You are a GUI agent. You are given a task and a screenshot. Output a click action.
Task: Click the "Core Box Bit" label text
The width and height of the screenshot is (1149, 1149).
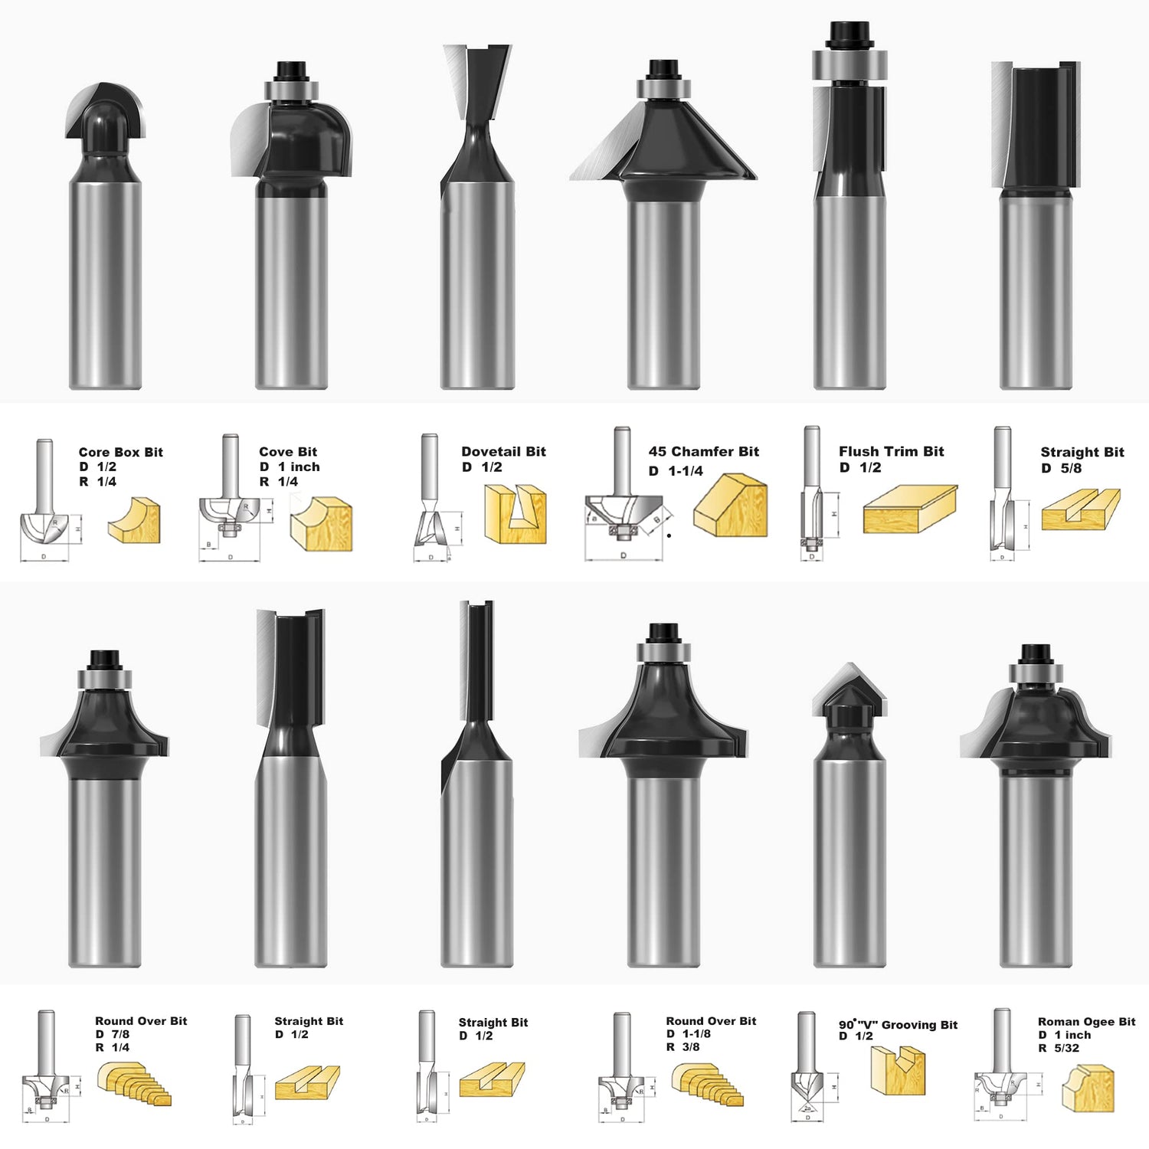(x=120, y=452)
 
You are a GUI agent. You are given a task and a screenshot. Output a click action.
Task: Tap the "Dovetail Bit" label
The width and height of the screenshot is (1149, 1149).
(x=503, y=452)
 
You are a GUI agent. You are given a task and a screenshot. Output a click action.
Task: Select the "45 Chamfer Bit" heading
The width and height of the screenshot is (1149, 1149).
(x=703, y=452)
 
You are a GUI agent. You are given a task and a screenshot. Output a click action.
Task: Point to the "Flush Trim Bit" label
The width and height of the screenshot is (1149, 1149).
(x=891, y=452)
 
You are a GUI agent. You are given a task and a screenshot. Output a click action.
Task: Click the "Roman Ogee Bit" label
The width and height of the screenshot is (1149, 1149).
(x=1086, y=1022)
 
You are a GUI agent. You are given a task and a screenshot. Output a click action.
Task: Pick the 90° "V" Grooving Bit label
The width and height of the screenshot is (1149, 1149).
(x=898, y=1025)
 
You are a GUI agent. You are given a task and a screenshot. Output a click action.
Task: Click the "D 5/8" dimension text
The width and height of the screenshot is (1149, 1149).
(x=1061, y=468)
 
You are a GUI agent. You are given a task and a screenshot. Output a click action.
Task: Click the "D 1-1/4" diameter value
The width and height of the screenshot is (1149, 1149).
(x=676, y=471)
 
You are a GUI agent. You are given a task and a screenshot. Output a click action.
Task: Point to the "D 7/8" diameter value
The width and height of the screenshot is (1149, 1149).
(x=112, y=1034)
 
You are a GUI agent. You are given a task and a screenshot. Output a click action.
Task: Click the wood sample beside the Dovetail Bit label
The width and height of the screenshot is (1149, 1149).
(x=516, y=513)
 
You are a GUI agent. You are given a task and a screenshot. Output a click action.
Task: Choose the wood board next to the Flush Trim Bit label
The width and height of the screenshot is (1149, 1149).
(x=910, y=509)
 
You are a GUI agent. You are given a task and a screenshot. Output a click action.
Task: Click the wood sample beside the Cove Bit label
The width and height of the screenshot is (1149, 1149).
(x=321, y=523)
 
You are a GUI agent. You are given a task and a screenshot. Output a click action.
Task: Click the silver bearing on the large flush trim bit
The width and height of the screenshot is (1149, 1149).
(x=849, y=65)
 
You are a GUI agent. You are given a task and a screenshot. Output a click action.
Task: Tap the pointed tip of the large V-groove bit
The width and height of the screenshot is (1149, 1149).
(x=849, y=668)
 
